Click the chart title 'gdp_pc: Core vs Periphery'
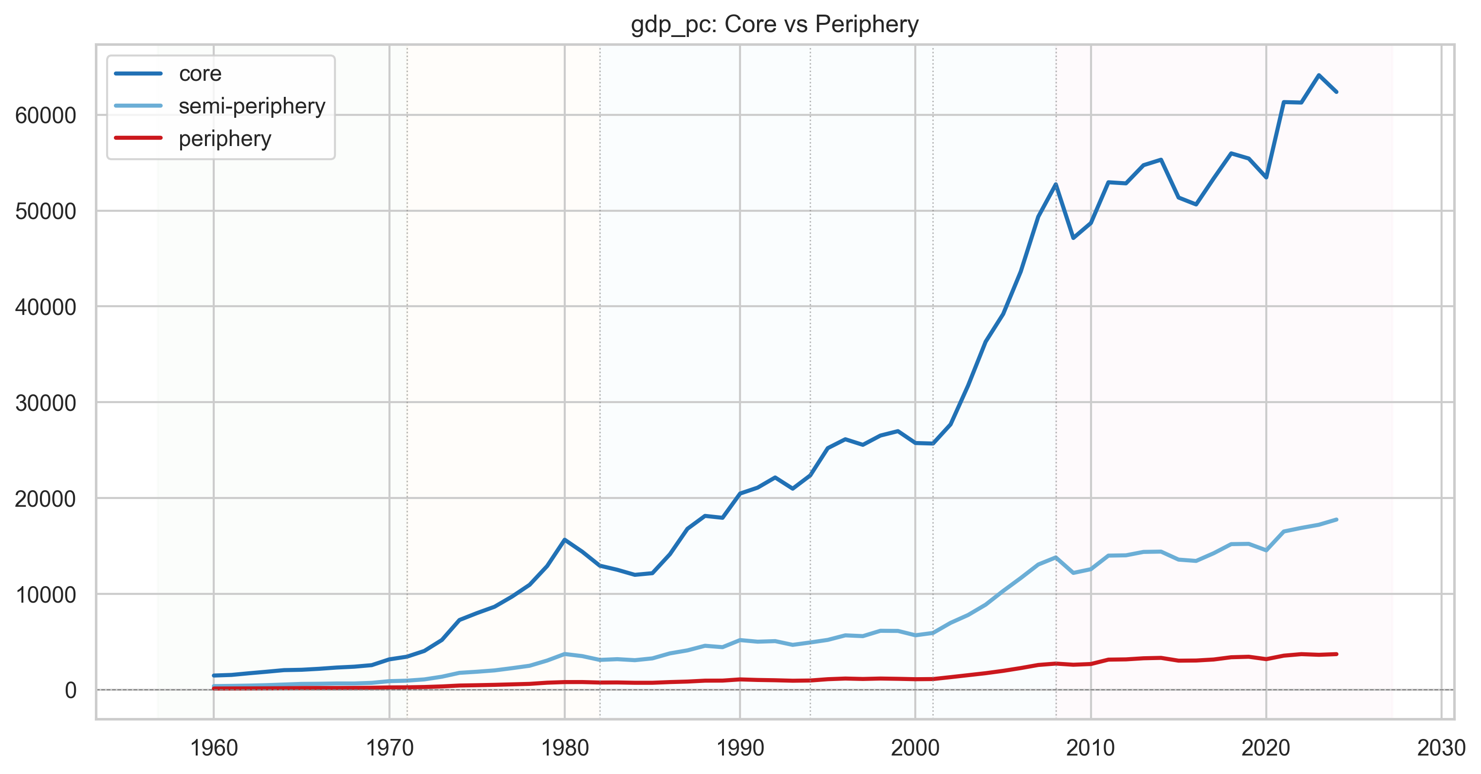coord(775,25)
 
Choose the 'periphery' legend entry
coord(193,139)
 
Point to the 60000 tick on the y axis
coord(45,115)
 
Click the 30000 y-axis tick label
coord(45,403)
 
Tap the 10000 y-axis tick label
coord(45,594)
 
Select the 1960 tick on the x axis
coord(214,748)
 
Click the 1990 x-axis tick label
coord(740,748)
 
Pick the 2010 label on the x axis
coord(1091,748)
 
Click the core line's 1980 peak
coord(565,539)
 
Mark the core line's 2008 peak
coord(1055,184)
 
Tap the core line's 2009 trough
coord(1074,238)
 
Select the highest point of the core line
coord(1319,75)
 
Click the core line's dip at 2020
coord(1266,178)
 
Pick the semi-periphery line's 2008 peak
coord(1055,557)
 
